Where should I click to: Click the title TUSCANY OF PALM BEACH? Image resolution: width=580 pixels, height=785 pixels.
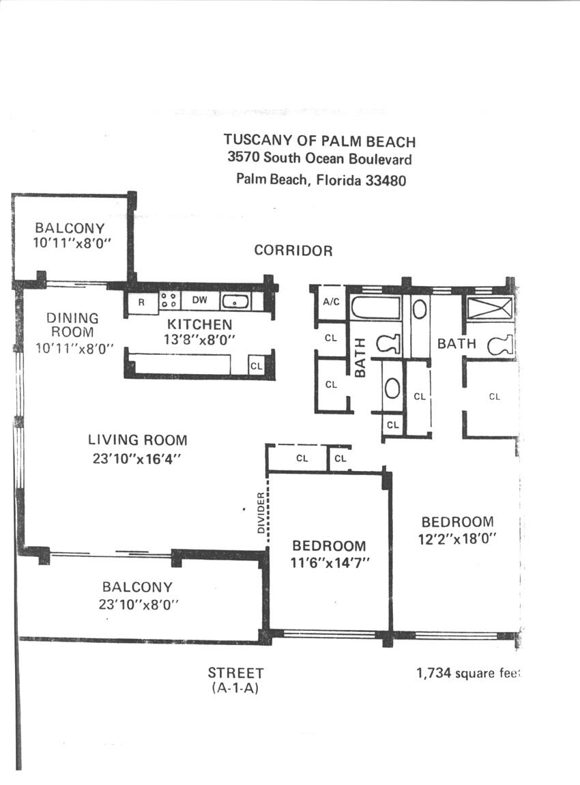319,141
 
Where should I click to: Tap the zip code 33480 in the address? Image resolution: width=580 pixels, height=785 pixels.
386,180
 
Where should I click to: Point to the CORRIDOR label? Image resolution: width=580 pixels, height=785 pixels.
293,251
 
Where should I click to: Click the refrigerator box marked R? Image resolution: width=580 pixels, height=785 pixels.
142,303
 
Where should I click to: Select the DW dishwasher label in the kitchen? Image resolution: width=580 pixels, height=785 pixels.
199,300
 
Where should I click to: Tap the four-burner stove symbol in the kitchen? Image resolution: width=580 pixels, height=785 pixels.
169,300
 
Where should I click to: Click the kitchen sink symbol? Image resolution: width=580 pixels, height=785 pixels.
235,302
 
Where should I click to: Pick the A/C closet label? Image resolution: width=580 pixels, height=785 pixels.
331,302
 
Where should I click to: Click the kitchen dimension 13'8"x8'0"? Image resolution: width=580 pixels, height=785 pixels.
199,340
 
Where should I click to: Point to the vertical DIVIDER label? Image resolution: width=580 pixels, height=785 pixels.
260,513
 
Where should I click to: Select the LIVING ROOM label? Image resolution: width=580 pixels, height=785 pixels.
138,440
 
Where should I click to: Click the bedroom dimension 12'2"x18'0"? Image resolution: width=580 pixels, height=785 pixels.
457,539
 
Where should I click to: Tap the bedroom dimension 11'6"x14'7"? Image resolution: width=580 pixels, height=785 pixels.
330,563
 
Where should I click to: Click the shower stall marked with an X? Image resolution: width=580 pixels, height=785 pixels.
490,308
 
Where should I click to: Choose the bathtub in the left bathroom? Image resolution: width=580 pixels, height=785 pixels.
375,307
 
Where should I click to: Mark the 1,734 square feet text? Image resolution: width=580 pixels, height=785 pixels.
468,673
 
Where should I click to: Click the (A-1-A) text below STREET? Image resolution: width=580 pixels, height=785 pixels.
235,688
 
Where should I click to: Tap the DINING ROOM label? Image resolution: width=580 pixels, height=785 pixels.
72,325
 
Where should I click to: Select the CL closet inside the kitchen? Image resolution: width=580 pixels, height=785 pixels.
256,366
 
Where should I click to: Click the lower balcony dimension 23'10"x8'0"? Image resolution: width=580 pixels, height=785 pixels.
139,604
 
